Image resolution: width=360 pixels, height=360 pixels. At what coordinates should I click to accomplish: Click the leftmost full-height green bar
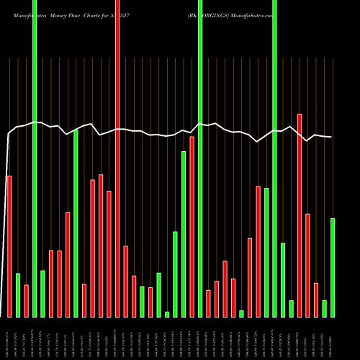(x=35, y=158)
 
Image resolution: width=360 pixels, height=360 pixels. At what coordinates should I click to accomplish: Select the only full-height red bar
(x=117, y=158)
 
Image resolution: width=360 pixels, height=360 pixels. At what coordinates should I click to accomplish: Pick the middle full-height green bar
(x=200, y=158)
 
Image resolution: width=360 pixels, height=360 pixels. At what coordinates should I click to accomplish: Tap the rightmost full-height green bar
(x=274, y=158)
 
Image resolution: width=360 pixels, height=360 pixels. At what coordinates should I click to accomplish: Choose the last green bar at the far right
(x=333, y=267)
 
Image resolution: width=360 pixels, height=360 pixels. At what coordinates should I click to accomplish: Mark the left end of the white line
(x=8, y=135)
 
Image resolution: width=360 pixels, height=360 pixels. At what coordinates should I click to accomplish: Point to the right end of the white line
(x=332, y=138)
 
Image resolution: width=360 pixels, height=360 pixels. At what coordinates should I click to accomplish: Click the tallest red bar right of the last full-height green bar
(x=300, y=215)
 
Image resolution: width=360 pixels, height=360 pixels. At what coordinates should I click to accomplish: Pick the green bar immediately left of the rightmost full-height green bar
(x=266, y=252)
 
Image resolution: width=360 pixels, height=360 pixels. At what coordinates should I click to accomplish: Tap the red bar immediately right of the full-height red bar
(x=125, y=282)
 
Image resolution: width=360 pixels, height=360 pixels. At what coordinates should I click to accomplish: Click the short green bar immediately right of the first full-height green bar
(x=42, y=294)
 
